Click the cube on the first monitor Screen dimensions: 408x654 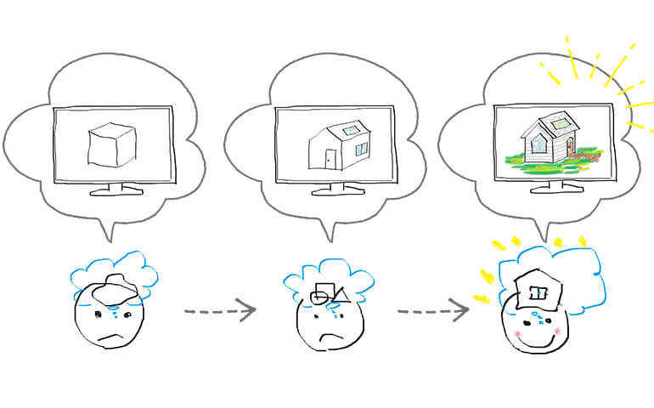pyautogui.click(x=113, y=144)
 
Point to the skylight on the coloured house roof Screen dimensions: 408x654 pyautogui.click(x=561, y=123)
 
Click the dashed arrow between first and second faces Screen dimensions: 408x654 pyautogui.click(x=219, y=310)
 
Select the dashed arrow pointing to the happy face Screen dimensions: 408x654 pyautogui.click(x=432, y=310)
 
